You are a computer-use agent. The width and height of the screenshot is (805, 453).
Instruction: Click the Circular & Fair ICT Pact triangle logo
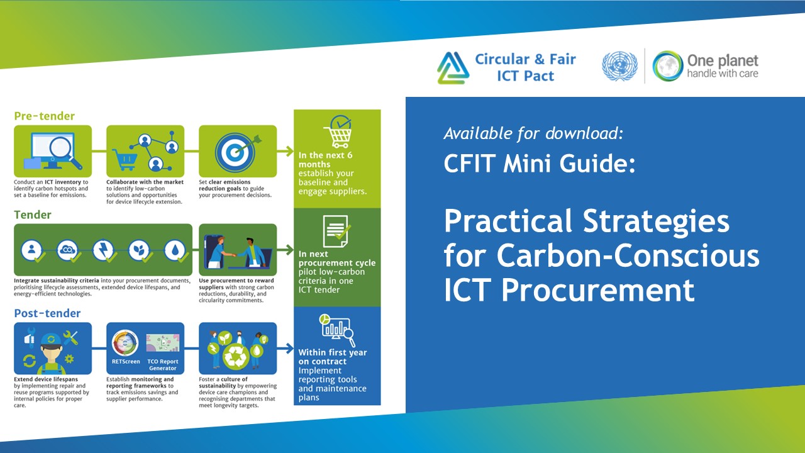pos(453,68)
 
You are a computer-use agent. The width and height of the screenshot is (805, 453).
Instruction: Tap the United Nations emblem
pos(619,66)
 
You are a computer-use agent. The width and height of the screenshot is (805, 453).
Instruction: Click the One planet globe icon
pos(667,66)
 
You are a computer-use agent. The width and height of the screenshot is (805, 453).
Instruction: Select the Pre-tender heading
pos(45,116)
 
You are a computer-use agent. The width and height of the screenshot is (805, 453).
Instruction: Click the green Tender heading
pos(33,215)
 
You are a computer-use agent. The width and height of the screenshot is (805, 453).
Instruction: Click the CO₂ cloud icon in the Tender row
pos(67,250)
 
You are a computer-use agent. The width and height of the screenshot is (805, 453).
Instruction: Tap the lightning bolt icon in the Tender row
pos(102,250)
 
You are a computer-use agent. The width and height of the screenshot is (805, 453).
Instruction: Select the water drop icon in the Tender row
pos(173,250)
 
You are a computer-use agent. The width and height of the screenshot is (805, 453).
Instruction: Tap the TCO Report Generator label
pos(163,365)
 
